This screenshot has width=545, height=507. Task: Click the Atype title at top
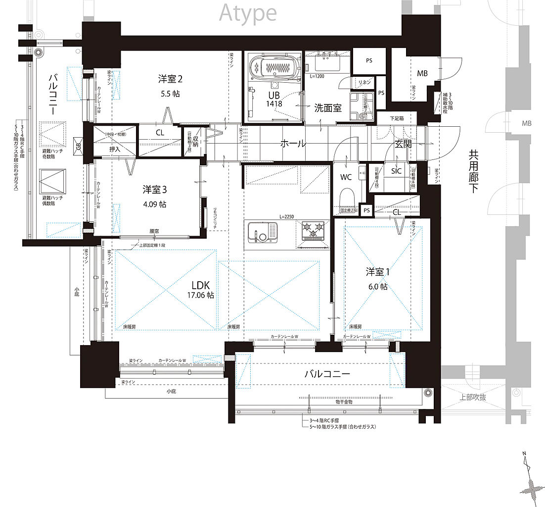tap(248, 13)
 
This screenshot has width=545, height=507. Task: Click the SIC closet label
tap(397, 171)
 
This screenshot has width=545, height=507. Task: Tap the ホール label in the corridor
tap(293, 144)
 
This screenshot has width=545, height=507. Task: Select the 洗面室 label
tap(327, 107)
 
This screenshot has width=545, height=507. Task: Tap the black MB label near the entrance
tap(422, 74)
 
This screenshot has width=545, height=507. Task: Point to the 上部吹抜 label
tap(472, 397)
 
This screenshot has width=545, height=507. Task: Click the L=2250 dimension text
tap(287, 216)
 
